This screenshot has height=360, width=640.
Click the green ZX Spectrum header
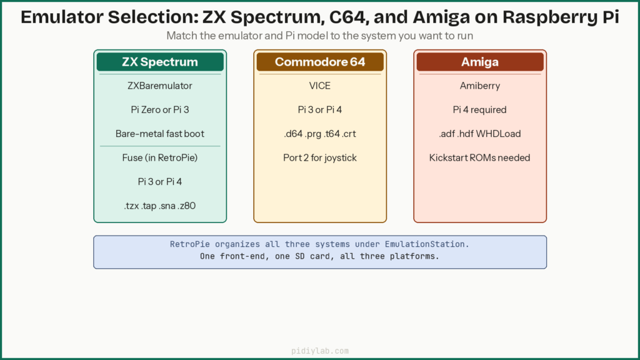click(x=160, y=62)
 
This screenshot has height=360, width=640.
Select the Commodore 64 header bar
click(x=320, y=62)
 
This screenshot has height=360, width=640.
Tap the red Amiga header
click(x=480, y=62)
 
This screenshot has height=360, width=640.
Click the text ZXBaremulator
click(x=160, y=86)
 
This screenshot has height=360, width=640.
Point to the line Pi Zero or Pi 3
click(x=160, y=109)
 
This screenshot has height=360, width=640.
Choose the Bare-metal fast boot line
click(x=160, y=134)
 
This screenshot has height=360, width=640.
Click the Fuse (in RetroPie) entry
click(x=160, y=157)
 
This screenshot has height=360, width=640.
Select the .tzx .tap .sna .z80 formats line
click(x=160, y=206)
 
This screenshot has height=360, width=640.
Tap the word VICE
click(x=320, y=86)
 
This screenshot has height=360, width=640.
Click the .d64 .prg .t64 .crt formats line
click(x=320, y=134)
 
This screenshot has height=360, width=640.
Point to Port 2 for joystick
click(x=320, y=157)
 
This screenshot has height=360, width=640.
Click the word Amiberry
click(x=480, y=86)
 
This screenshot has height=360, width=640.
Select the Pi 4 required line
click(x=480, y=109)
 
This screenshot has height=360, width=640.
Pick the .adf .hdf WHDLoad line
click(x=480, y=134)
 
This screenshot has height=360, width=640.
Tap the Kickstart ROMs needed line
click(x=480, y=157)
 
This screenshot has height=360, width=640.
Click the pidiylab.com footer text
click(x=320, y=351)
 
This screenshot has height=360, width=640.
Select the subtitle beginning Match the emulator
click(x=320, y=36)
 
